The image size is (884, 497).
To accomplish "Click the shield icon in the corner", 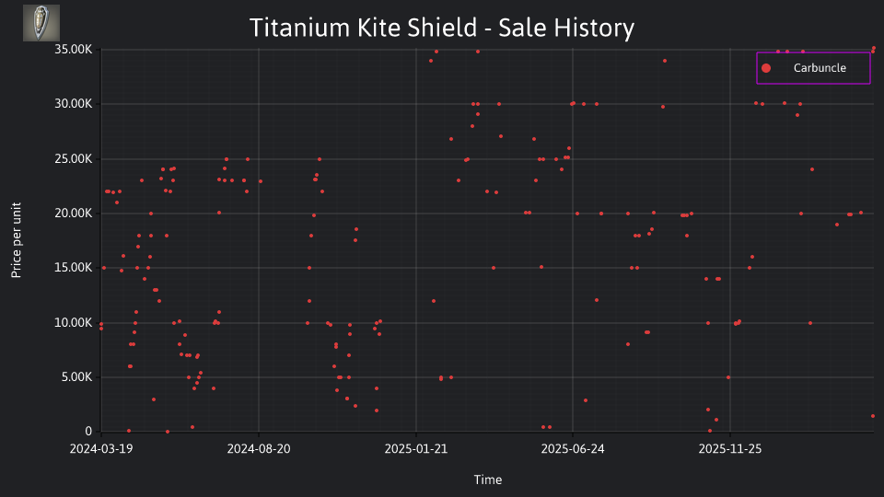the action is (41, 23).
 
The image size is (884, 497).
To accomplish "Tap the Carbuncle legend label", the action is (820, 68).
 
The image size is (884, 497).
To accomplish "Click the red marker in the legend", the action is (766, 68).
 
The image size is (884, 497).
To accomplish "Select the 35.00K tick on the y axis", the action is (74, 50).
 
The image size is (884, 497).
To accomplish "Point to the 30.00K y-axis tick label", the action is (74, 104).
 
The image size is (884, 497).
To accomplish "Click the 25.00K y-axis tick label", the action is (74, 159).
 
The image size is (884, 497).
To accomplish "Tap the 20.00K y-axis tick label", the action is (74, 213).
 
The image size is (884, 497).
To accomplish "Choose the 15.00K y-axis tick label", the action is (74, 268).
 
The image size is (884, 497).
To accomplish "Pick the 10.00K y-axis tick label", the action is (74, 323).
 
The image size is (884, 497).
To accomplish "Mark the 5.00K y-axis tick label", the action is (76, 377).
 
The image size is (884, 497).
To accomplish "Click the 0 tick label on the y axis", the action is (88, 432).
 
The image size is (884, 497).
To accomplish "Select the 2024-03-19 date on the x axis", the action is (101, 449).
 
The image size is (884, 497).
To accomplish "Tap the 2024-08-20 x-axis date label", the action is (259, 449).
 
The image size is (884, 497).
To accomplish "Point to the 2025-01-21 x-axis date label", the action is (416, 449).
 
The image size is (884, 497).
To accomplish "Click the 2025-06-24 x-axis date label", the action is (573, 449).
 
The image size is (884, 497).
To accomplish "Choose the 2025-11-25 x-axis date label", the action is (730, 449).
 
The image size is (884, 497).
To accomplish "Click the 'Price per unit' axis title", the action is (17, 240).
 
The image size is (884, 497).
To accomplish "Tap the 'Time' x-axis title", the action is (488, 480).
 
